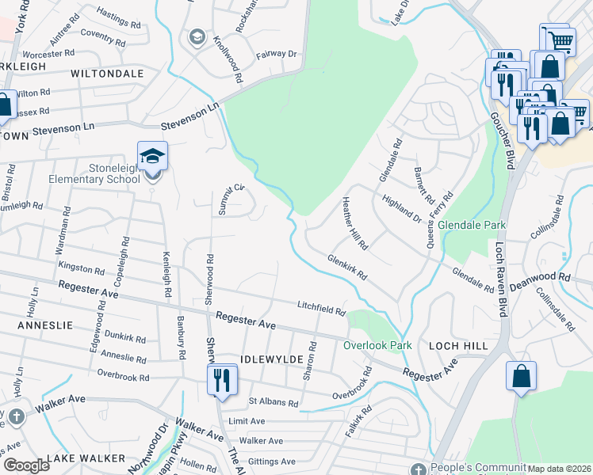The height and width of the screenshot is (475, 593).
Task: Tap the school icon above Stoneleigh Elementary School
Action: [153, 156]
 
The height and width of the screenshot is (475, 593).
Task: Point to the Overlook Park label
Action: [377, 345]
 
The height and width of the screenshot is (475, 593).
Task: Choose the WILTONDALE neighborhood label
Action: [107, 73]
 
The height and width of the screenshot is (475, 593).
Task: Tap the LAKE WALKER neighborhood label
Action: [86, 458]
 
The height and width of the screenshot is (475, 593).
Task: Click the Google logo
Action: [26, 465]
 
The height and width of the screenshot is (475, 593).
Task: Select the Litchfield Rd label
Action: [322, 308]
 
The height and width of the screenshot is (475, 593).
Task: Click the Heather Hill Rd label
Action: [354, 224]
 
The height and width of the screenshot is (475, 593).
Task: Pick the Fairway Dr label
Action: [276, 55]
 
